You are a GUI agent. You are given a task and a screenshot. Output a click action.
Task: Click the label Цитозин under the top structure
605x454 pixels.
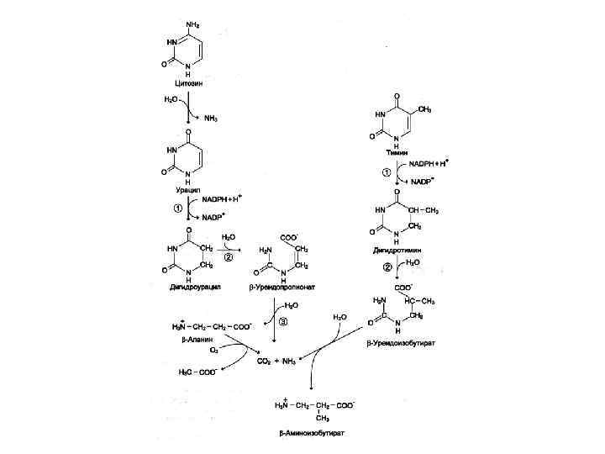(x=187, y=84)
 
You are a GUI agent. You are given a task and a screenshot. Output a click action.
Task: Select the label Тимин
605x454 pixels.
(x=397, y=153)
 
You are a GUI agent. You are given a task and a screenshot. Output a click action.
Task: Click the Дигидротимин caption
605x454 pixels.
(x=397, y=250)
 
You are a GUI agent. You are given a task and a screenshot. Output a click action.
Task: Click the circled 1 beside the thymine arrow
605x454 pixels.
(x=386, y=173)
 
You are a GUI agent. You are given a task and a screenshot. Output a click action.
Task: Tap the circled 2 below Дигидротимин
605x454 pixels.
(x=387, y=267)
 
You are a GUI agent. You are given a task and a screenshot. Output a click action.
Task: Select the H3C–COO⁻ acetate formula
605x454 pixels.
(x=198, y=370)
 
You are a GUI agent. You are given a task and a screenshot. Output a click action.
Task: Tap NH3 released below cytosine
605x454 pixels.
(x=210, y=118)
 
